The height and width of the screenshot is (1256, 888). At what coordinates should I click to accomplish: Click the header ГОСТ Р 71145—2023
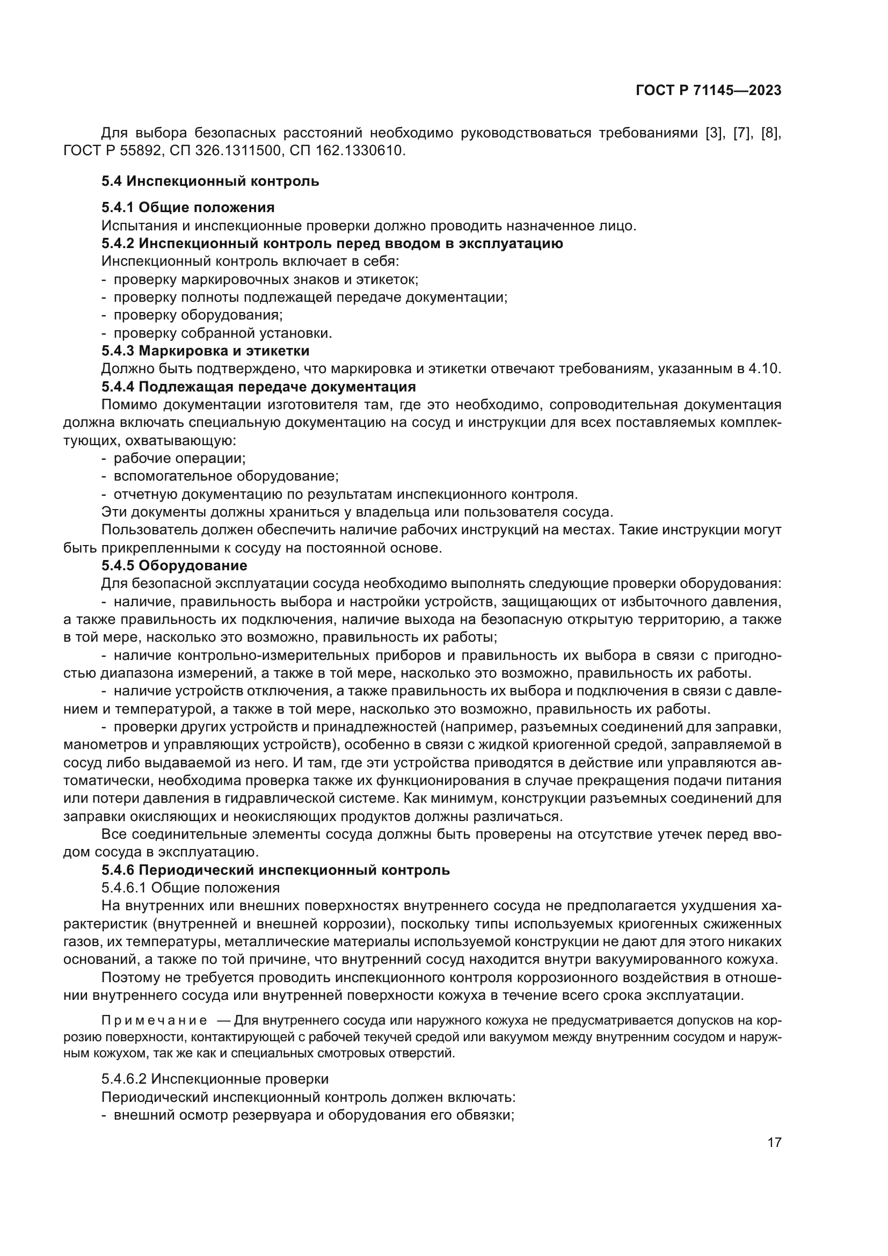[708, 91]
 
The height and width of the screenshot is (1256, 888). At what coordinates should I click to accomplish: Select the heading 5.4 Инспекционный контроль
[210, 181]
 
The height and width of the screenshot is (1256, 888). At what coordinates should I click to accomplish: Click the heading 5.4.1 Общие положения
[187, 207]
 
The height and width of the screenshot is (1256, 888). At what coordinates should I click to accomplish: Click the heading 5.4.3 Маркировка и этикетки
[205, 351]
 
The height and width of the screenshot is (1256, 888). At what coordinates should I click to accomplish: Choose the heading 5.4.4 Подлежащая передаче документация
[258, 387]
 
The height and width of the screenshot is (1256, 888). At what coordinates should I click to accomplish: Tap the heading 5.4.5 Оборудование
[174, 565]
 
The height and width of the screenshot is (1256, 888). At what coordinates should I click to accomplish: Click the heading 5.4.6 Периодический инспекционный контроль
[275, 870]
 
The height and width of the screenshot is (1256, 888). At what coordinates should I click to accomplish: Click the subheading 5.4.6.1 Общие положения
[190, 887]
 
